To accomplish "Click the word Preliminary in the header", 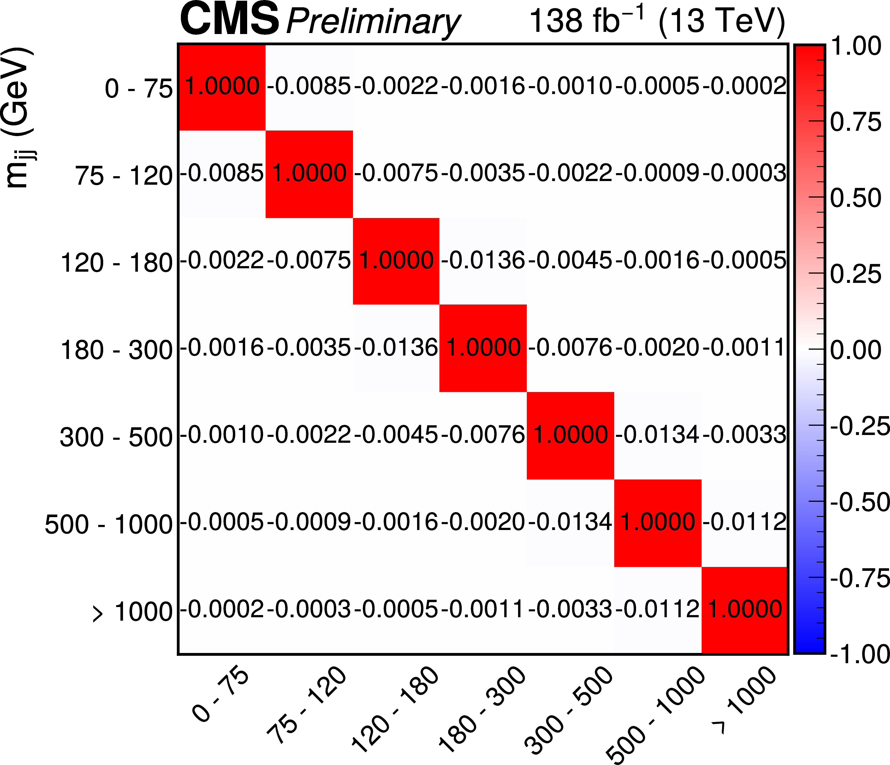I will click(373, 22).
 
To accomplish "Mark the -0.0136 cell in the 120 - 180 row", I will click(483, 260).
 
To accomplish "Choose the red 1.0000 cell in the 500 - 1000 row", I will click(658, 522).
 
